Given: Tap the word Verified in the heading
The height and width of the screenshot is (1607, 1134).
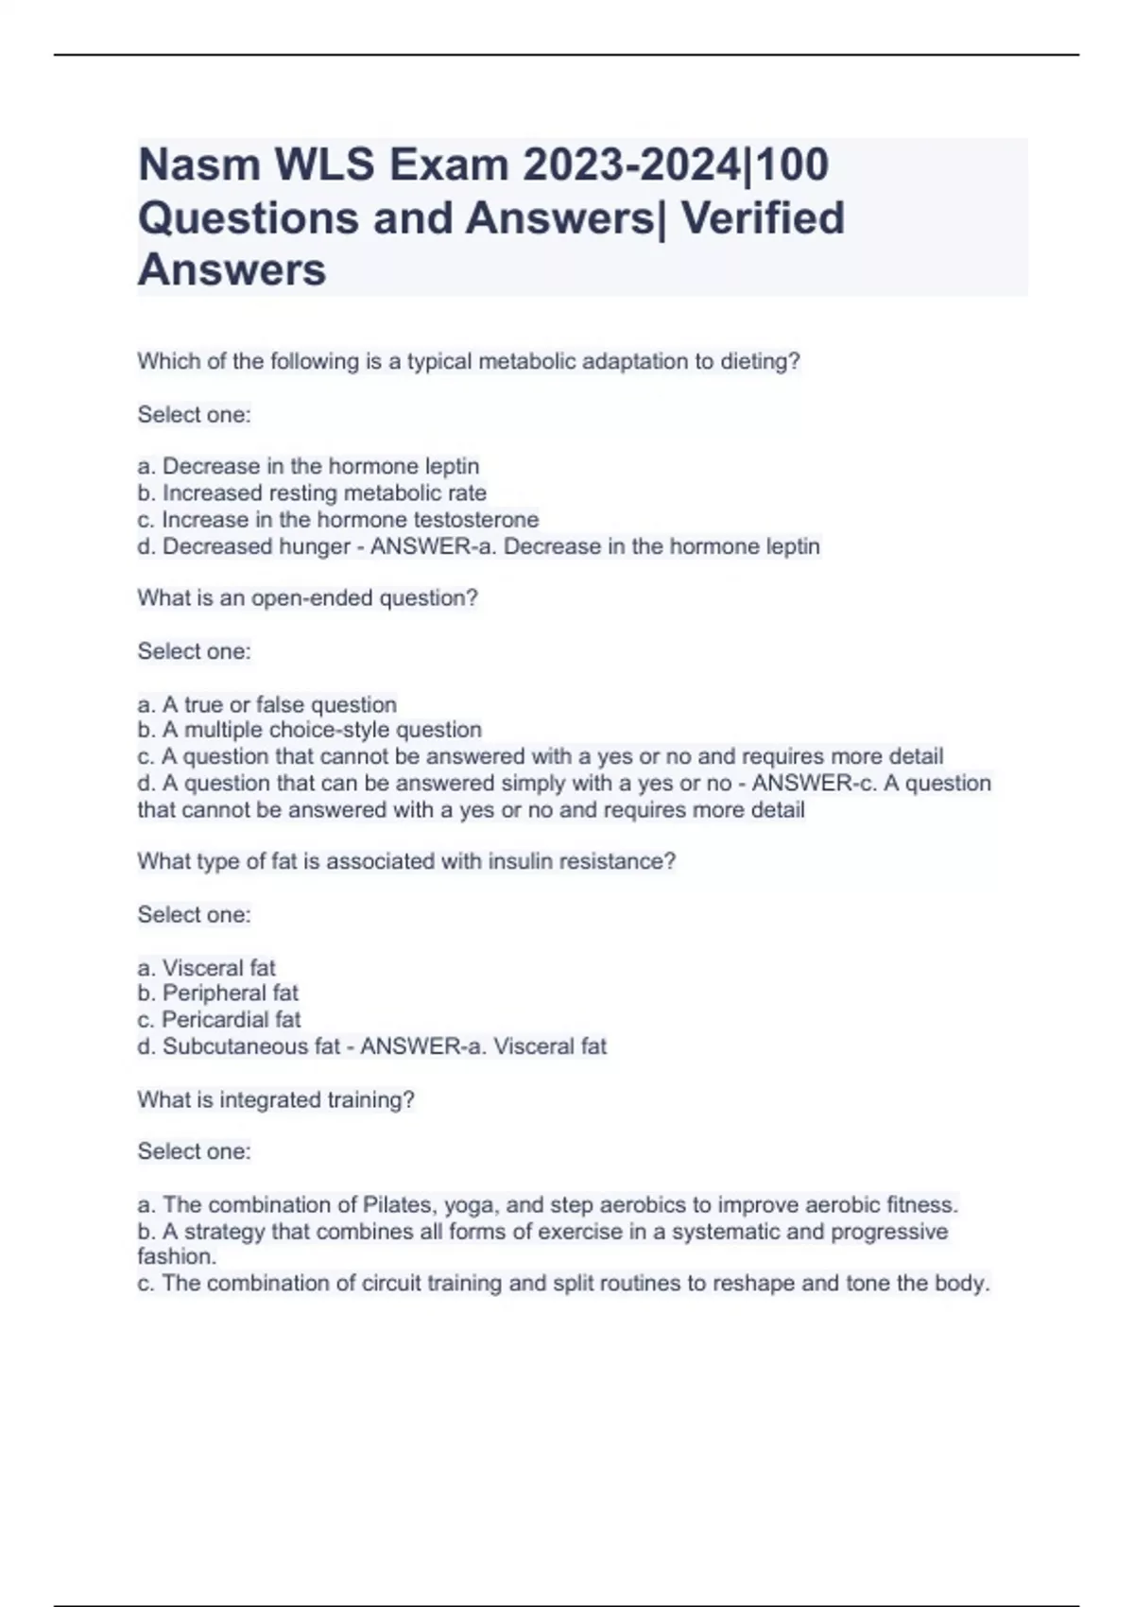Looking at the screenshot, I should coord(762,218).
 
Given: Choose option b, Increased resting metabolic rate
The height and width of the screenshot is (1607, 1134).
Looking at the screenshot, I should coord(312,493).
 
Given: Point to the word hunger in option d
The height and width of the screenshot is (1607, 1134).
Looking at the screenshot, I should coord(314,546).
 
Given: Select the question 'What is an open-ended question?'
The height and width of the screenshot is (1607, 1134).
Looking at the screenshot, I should coord(307,598).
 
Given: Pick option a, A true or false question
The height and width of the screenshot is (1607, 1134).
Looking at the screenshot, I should coord(266,704).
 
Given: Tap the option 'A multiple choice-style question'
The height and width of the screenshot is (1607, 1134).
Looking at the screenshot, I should coord(309,730).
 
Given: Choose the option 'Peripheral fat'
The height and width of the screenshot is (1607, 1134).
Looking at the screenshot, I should coord(217,994).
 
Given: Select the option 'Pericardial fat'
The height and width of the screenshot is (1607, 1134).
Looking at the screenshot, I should coord(218,1020).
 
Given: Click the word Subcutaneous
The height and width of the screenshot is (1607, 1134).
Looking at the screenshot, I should coord(250,1046).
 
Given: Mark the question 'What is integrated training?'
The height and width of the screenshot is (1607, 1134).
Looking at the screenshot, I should coord(276,1100).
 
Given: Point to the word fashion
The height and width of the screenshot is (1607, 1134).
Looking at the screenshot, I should coord(176,1257).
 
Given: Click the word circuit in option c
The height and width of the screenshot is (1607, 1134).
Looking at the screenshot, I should coord(391,1284).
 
